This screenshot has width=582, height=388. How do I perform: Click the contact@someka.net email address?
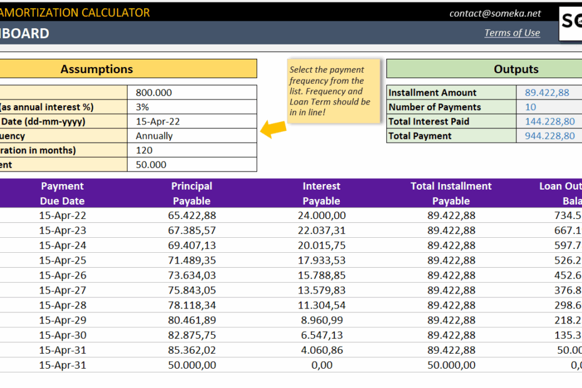pos(495,13)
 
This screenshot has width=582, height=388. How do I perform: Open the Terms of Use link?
pos(512,33)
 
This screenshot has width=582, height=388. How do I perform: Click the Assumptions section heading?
pos(96,69)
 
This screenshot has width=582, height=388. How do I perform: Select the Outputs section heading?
pos(516,69)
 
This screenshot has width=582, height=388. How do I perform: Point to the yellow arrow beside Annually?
pos(273,129)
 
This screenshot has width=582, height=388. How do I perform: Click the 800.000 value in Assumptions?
pos(154,93)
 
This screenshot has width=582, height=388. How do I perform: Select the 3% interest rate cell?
pos(142,107)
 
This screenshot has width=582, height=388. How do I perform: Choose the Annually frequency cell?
pos(154,136)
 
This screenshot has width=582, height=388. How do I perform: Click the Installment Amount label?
pos(432,93)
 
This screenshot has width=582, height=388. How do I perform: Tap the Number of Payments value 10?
pos(531,107)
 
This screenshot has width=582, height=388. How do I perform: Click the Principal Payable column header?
pos(191,193)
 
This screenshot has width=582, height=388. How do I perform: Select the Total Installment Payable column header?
pos(451,193)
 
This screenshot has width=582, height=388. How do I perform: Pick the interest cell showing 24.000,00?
pos(322,215)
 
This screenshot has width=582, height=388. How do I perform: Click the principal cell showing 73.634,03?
pos(191,275)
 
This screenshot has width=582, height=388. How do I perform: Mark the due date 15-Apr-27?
pos(63,290)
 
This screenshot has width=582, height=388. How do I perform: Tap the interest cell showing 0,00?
pos(322,365)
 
